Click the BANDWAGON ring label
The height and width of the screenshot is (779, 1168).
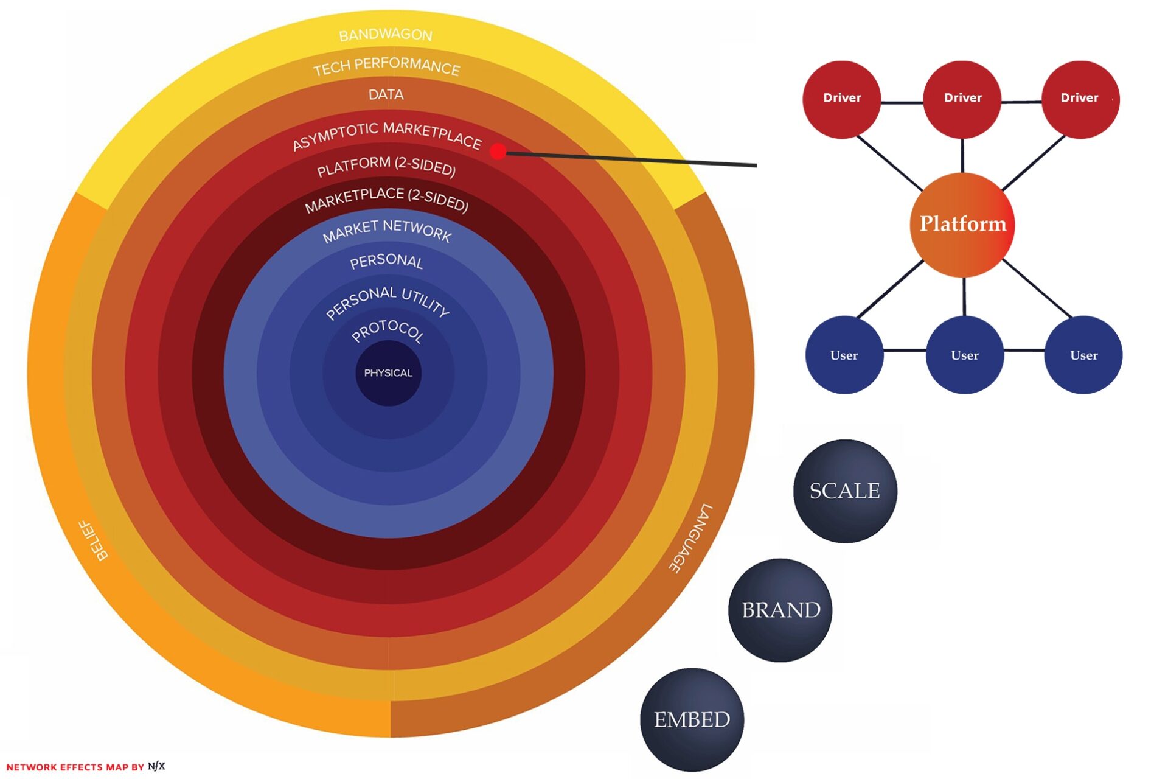tap(386, 35)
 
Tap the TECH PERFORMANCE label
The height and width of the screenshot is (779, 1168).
tap(386, 66)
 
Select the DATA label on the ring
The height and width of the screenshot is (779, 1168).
tap(386, 94)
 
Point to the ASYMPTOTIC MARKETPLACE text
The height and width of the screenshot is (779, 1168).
tap(387, 135)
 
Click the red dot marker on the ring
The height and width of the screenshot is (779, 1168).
tap(498, 151)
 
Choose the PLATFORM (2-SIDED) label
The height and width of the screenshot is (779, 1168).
tap(386, 166)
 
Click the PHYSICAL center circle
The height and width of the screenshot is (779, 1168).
tap(388, 373)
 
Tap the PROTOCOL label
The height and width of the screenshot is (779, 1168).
tap(388, 330)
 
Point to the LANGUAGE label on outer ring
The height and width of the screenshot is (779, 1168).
tap(691, 538)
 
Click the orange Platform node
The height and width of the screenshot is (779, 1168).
tap(962, 224)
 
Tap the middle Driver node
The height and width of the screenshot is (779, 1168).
tap(962, 99)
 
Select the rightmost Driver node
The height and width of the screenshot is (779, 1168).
tap(1080, 99)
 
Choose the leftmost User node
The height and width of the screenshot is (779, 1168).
tap(844, 355)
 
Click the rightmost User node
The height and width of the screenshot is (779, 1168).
tap(1083, 355)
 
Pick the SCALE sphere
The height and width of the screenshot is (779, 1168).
tap(845, 491)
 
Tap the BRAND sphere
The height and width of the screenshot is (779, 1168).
tap(780, 610)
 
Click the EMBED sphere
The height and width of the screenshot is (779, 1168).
tap(692, 719)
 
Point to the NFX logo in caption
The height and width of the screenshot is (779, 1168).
tap(156, 766)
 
